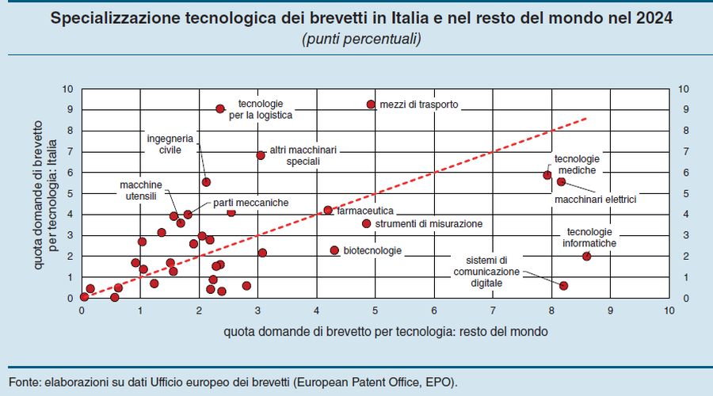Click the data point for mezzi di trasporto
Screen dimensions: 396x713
[x=371, y=105]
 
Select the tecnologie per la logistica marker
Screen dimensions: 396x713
[x=220, y=109]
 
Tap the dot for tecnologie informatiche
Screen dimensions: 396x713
[x=587, y=256]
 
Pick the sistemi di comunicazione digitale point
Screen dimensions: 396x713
[x=564, y=285]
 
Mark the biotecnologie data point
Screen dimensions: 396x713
[x=334, y=250]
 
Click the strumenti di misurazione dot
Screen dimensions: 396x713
[x=367, y=223]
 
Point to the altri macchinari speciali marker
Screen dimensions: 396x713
[x=261, y=155]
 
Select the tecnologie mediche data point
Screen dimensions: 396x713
[x=547, y=175]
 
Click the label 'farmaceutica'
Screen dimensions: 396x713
[x=365, y=211]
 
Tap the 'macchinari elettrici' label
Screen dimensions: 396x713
[x=595, y=199]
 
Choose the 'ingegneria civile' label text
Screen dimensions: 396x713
[x=165, y=143]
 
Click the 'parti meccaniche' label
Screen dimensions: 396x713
[x=250, y=203]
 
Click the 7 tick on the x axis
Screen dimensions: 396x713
[x=493, y=310]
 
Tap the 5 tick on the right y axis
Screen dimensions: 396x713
[x=684, y=193]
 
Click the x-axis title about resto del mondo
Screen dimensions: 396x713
[x=374, y=329]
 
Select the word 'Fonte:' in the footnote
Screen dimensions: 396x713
[x=25, y=382]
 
